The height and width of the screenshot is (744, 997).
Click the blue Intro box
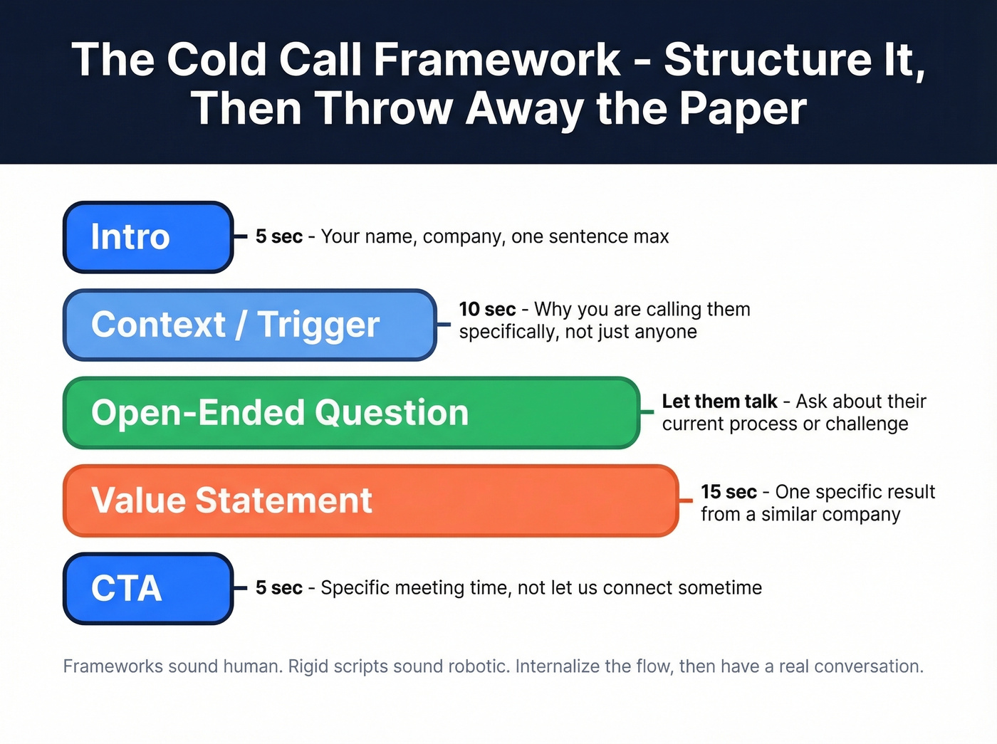click(x=148, y=237)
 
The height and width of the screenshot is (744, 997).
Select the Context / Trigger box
click(x=249, y=325)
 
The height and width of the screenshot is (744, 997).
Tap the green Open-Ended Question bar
click(x=351, y=413)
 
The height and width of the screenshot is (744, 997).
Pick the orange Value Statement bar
click(x=370, y=501)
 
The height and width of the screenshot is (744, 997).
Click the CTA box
click(x=148, y=588)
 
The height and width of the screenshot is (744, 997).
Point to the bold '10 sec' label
click(x=487, y=309)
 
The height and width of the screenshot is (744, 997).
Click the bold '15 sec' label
click(x=729, y=492)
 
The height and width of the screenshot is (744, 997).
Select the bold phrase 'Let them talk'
click(x=719, y=402)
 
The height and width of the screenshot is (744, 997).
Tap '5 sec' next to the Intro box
click(x=279, y=236)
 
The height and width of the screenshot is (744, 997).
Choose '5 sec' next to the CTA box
click(x=279, y=587)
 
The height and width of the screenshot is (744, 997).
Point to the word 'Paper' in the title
click(x=742, y=108)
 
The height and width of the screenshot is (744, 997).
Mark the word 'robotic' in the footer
click(x=477, y=666)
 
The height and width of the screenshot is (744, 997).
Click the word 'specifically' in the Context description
click(x=508, y=332)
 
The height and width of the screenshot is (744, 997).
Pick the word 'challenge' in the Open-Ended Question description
click(x=867, y=424)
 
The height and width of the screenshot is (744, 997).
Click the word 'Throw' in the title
click(x=385, y=108)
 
